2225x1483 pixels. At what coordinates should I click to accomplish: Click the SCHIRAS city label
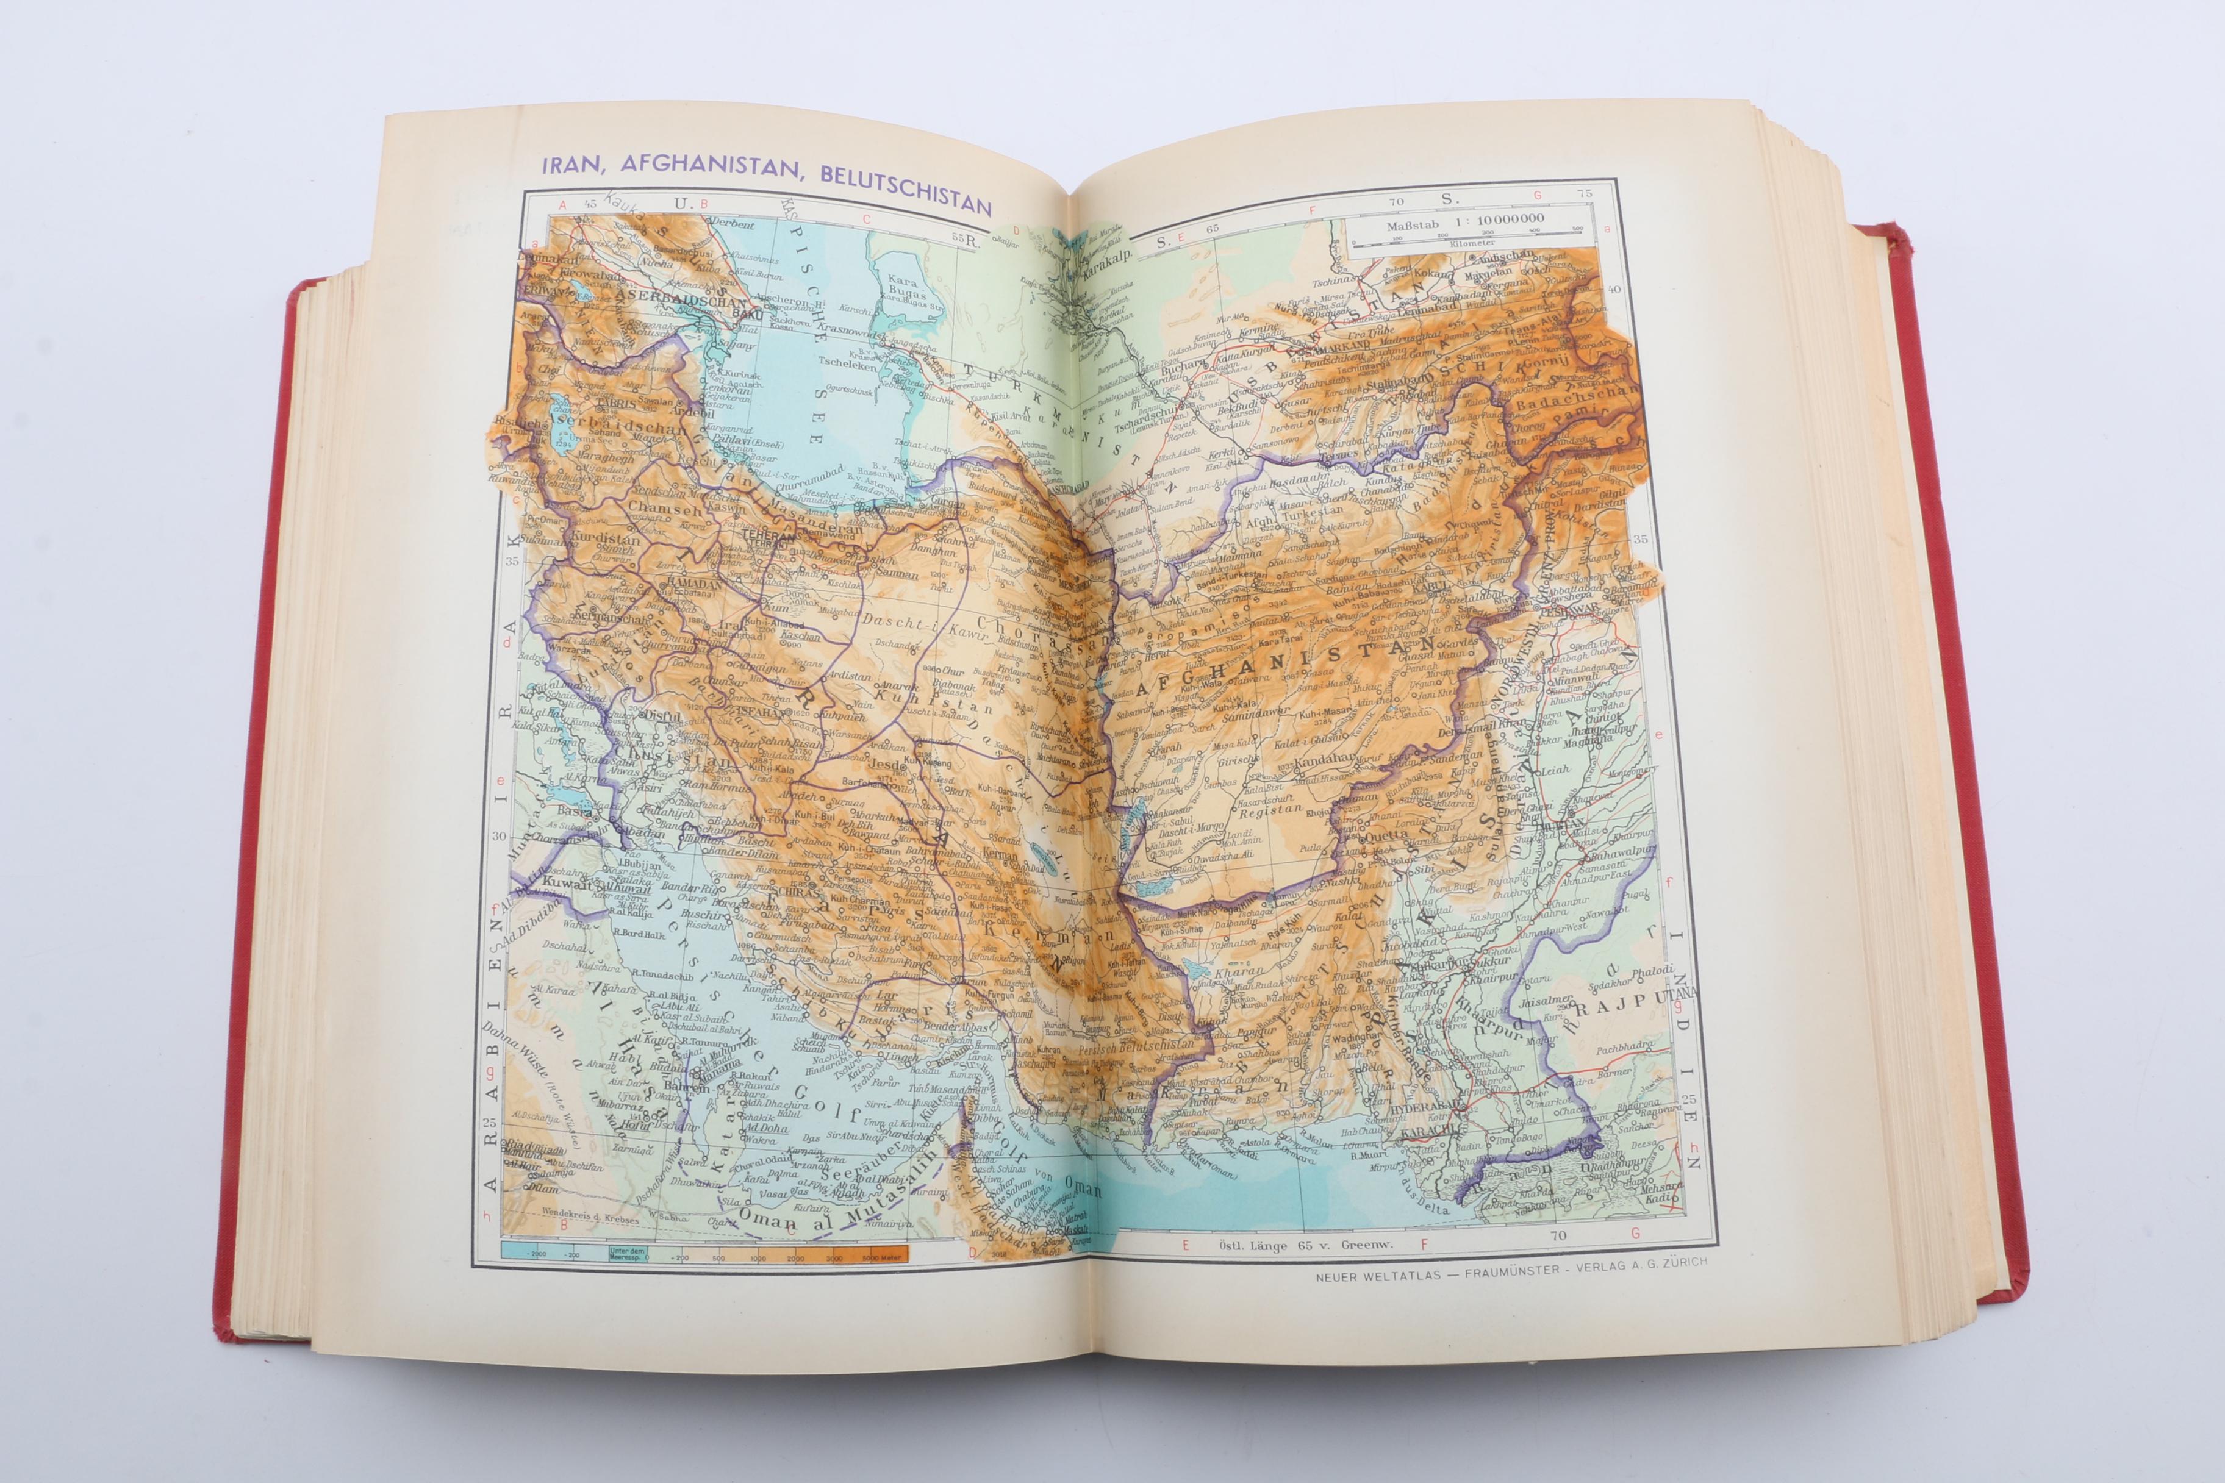(x=798, y=892)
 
